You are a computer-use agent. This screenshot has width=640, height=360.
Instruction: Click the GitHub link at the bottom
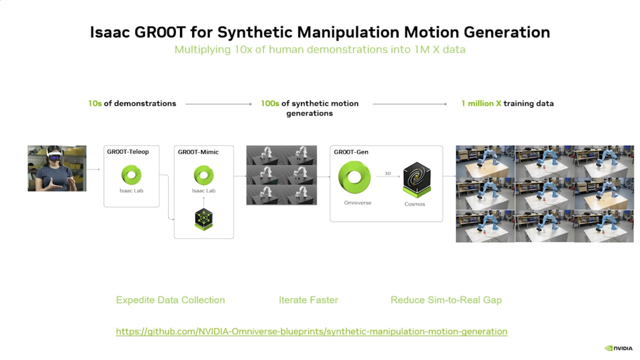click(x=311, y=332)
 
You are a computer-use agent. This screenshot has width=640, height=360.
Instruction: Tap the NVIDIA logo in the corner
click(x=619, y=348)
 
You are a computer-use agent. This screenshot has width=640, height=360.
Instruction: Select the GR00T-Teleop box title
click(x=128, y=152)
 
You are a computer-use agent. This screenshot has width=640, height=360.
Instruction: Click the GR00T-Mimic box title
click(x=198, y=152)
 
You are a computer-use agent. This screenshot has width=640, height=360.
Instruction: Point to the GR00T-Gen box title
click(x=351, y=152)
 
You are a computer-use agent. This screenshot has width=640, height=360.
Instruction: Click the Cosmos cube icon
click(x=417, y=180)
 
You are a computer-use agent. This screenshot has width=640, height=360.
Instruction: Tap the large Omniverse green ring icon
click(x=354, y=177)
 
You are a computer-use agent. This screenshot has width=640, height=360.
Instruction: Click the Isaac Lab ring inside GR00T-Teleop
click(x=132, y=175)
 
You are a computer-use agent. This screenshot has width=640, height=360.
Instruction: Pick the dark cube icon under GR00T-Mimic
click(x=204, y=219)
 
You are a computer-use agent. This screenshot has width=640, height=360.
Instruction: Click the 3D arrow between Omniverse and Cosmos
click(x=388, y=176)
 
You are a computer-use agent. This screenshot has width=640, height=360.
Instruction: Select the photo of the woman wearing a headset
click(x=57, y=168)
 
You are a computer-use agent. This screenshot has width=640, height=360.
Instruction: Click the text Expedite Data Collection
click(x=170, y=300)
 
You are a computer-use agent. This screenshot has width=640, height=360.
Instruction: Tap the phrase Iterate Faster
click(x=308, y=300)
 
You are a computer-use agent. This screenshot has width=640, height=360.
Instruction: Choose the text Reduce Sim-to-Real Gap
click(x=446, y=300)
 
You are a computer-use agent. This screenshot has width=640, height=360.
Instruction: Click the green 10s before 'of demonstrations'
click(x=95, y=104)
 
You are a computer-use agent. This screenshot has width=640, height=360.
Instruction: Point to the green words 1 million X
click(x=481, y=104)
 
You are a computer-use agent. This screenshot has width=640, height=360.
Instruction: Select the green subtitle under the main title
click(x=320, y=49)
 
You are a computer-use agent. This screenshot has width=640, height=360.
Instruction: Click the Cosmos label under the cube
click(x=415, y=204)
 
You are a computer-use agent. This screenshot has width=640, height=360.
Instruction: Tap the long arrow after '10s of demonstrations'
click(x=219, y=104)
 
